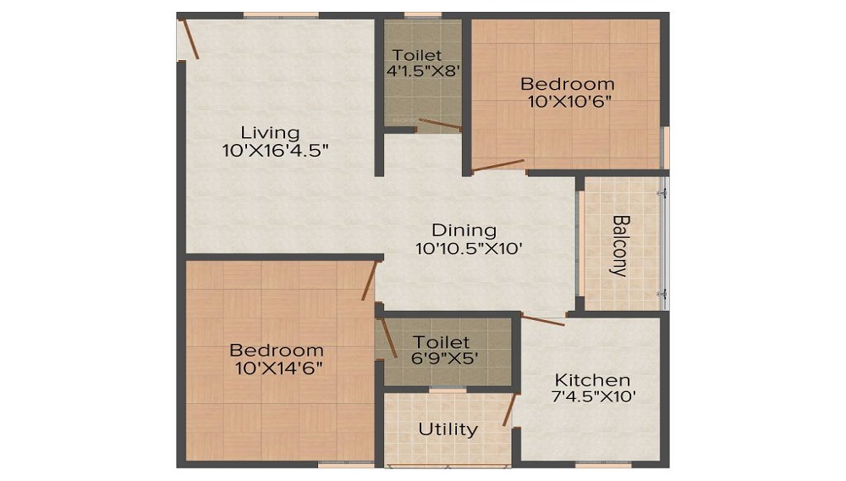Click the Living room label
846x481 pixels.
[270, 133]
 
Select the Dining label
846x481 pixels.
[464, 230]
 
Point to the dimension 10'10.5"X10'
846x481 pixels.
[464, 249]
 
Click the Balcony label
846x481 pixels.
[620, 246]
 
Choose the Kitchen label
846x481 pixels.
[592, 379]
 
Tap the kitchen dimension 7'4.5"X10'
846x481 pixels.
[592, 396]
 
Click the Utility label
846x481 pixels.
[448, 429]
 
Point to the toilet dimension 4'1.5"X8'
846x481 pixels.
[423, 72]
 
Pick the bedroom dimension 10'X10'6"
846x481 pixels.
[567, 101]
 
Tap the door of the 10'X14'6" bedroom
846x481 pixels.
[369, 281]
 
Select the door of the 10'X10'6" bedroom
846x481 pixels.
[497, 165]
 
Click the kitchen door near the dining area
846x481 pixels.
[542, 320]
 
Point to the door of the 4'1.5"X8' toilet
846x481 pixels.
[439, 125]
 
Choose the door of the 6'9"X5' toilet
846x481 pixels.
[388, 338]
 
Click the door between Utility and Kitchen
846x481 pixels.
[508, 410]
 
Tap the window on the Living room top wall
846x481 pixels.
[281, 15]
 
